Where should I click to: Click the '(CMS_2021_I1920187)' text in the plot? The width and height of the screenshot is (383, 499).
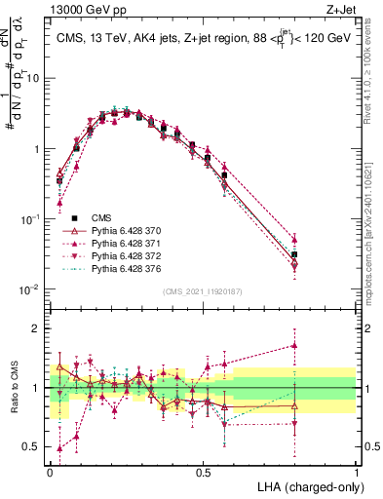[203, 291]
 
